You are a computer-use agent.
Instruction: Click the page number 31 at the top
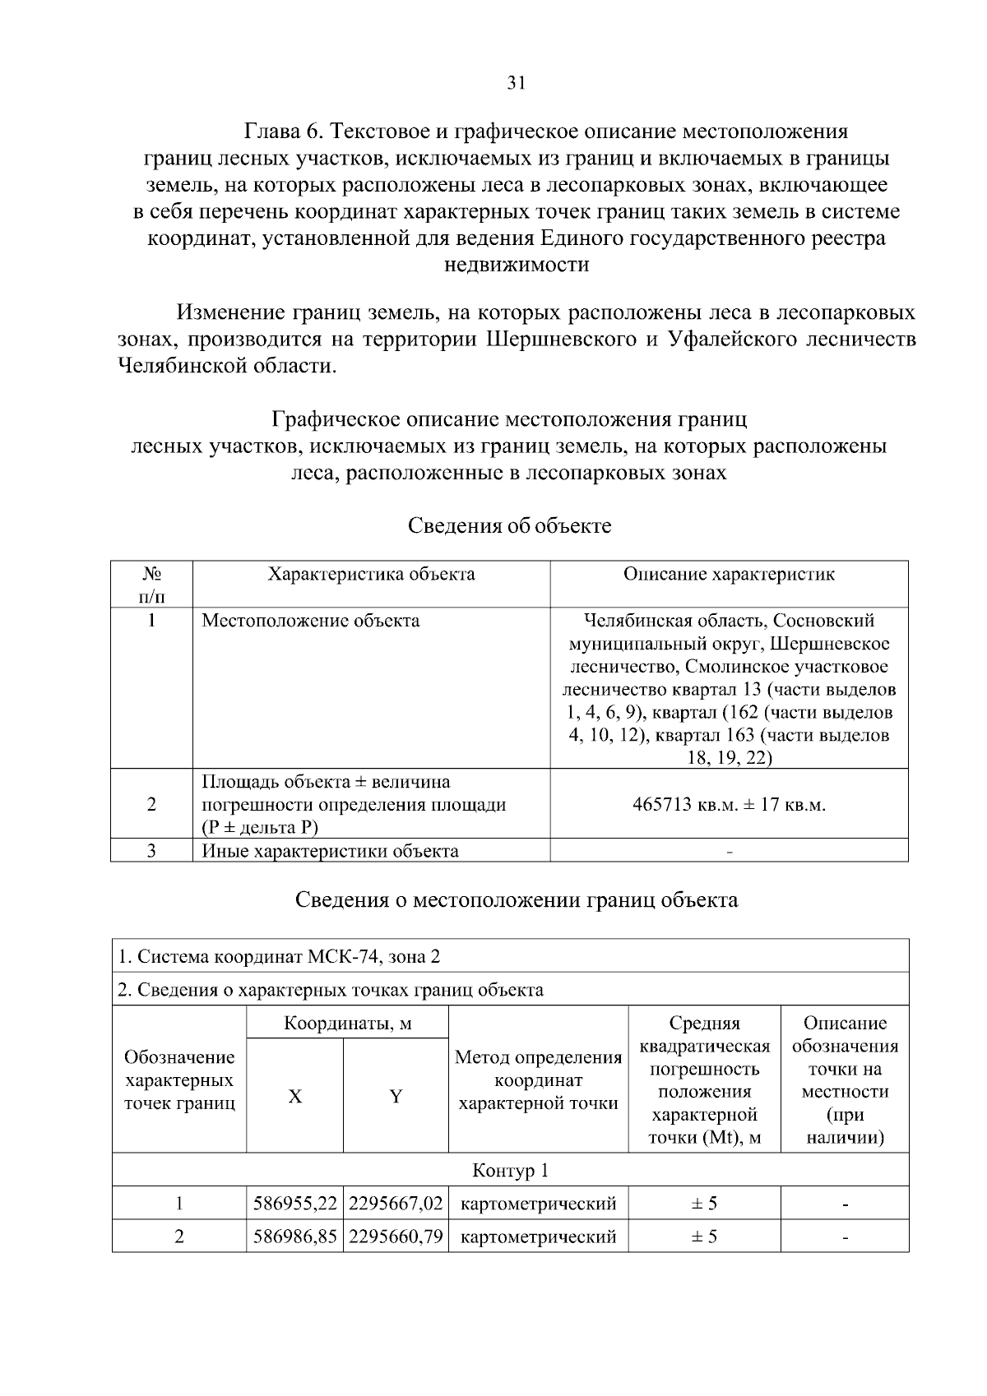pos(516,82)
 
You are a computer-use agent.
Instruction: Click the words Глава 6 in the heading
pos(286,132)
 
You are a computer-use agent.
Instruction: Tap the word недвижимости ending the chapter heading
pos(517,265)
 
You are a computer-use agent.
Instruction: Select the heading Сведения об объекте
pos(510,525)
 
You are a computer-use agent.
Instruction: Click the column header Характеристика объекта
pos(371,574)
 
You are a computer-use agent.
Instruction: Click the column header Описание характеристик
pos(729,574)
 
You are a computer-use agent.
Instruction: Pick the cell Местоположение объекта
pos(311,621)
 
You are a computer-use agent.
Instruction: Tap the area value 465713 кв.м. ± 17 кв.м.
pos(729,804)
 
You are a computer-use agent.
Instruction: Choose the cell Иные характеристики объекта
pos(330,851)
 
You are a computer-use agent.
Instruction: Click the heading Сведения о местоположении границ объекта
pos(517,899)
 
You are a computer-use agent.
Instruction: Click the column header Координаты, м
pos(347,1024)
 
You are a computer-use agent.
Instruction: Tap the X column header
pos(294,1096)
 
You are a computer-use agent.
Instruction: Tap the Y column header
pos(396,1096)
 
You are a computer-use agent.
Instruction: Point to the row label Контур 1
pos(510,1170)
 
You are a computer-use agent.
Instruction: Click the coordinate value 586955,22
pos(295,1204)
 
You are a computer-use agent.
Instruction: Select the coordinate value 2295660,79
pos(396,1237)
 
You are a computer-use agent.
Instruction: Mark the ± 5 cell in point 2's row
pos(704,1237)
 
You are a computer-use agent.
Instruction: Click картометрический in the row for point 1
pos(539,1204)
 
